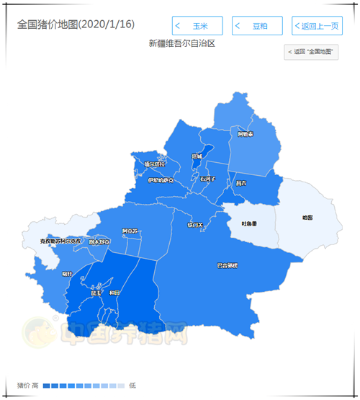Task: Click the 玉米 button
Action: (197, 26)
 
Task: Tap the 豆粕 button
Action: (257, 26)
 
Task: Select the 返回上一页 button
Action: (317, 26)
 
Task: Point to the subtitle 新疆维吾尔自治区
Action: (182, 43)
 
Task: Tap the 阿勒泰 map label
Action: (246, 134)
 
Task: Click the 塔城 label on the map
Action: (197, 156)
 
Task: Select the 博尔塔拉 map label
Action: (154, 164)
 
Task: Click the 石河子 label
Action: (208, 178)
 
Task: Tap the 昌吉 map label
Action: (240, 184)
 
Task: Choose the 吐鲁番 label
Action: (249, 223)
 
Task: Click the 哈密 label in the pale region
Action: (307, 217)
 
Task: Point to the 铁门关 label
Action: (197, 226)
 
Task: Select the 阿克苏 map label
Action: (130, 231)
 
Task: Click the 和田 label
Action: (114, 293)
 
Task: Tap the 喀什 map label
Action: (67, 274)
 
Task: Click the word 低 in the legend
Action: (132, 386)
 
